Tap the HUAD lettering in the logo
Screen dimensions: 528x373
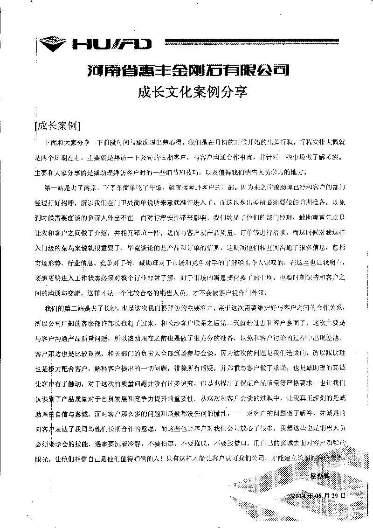coord(112,44)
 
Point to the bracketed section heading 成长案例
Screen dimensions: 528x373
coord(58,126)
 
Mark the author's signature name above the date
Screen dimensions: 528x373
coord(320,476)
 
